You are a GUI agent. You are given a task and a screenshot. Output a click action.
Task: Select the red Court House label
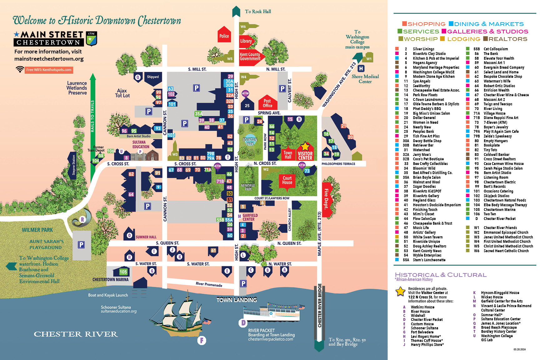[x=287, y=180]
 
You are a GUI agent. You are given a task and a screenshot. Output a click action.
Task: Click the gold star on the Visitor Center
[x=305, y=147]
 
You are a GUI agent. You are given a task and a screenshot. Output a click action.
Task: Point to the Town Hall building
[x=288, y=154]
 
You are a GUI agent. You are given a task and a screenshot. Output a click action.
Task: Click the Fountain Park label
[x=250, y=142]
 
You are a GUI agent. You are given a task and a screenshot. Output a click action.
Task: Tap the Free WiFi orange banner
[x=49, y=70]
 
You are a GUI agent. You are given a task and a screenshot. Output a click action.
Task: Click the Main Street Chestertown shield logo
[x=91, y=38]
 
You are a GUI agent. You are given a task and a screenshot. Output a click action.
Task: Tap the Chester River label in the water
[x=76, y=334]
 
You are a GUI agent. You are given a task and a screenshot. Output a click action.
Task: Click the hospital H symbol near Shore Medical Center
[x=361, y=68]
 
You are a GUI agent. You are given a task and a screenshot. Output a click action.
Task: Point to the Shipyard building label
[x=153, y=77]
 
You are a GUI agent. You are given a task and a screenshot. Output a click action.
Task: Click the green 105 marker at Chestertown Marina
[x=123, y=272]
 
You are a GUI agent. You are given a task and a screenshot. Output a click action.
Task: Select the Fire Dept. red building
[x=327, y=199]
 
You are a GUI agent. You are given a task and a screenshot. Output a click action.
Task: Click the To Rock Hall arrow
[x=236, y=12]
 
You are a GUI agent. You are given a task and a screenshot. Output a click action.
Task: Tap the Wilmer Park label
[x=37, y=230]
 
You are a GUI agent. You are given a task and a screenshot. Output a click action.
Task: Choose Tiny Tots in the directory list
[x=490, y=150]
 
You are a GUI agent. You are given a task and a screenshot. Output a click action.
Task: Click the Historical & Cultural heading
[x=441, y=275]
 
